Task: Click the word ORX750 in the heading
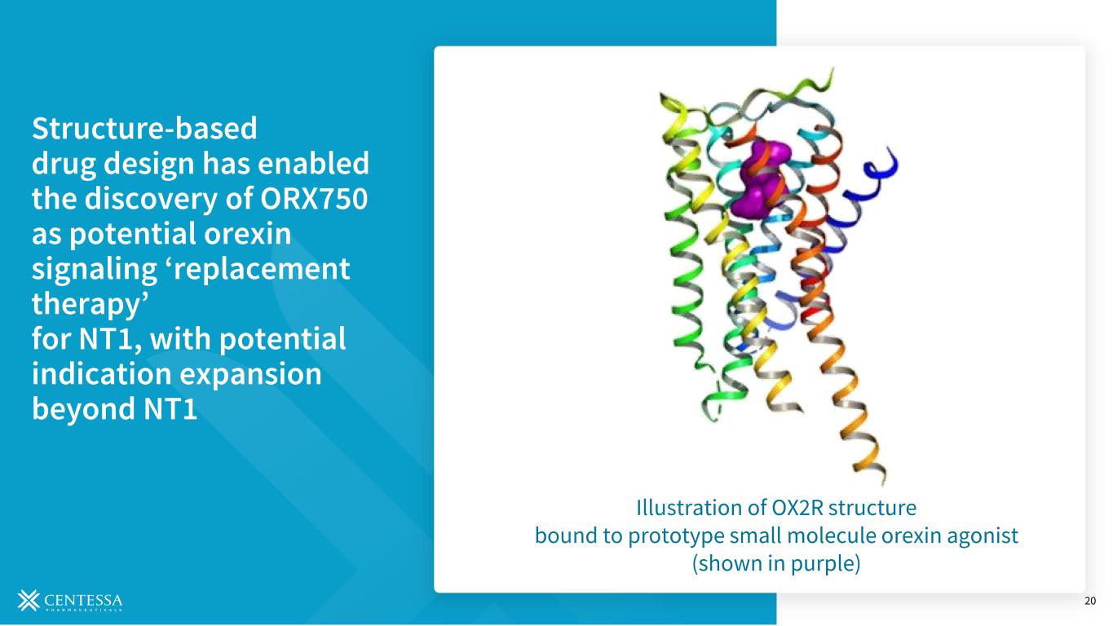tap(314, 198)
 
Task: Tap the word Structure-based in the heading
tap(144, 128)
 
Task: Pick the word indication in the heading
tap(102, 373)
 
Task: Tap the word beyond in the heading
tap(83, 409)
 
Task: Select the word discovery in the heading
tap(152, 200)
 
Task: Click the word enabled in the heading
tap(314, 163)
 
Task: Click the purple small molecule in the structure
tap(760, 179)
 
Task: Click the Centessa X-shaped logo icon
tap(29, 600)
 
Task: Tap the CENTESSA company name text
tap(83, 600)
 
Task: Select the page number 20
tap(1090, 601)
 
